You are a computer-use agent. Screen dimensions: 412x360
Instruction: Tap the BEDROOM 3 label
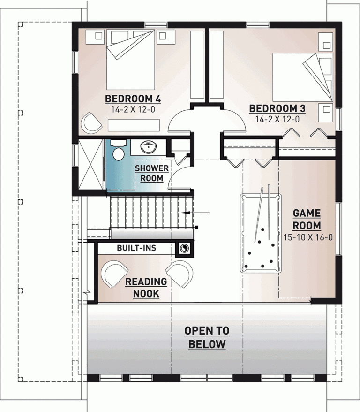pos(277,108)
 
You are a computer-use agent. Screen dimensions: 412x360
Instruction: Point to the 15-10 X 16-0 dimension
pos(308,237)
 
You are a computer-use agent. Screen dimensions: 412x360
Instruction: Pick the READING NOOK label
pos(146,288)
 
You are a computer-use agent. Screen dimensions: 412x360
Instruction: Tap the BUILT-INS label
pos(136,248)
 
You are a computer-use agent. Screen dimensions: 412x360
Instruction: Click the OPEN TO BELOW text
pos(207,337)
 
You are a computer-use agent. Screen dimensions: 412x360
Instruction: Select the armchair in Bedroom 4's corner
pos(91,123)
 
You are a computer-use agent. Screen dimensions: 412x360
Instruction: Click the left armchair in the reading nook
pos(114,274)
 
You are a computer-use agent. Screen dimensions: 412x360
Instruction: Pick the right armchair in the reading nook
pos(180,274)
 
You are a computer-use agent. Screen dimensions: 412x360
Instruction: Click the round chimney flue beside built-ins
pos(185,249)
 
